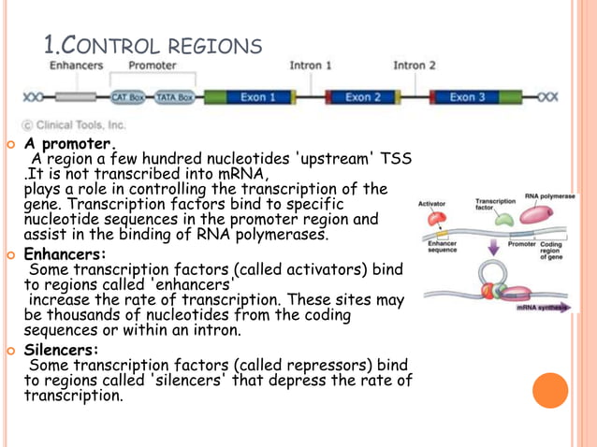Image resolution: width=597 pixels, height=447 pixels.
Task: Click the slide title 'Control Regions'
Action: click(153, 44)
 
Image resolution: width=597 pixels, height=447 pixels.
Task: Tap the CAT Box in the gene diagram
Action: click(128, 97)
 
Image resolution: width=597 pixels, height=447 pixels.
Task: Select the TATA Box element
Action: click(173, 97)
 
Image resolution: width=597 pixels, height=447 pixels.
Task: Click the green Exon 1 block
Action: click(252, 97)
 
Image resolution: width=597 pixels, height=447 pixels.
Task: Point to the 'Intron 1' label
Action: click(310, 66)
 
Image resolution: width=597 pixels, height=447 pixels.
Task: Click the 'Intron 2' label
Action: click(415, 66)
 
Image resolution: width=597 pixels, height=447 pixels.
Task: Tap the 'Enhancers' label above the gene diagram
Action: click(77, 66)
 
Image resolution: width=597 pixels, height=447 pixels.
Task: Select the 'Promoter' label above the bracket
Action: click(153, 66)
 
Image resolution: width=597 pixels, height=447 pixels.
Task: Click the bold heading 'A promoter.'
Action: click(70, 145)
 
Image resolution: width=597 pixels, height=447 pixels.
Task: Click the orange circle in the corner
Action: click(550, 390)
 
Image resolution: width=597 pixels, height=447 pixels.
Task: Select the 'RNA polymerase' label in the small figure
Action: click(549, 197)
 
